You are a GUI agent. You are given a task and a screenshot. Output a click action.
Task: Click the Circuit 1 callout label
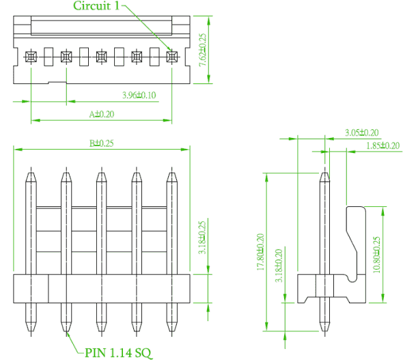click(96, 5)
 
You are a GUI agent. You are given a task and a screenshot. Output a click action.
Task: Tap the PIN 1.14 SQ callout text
click(118, 352)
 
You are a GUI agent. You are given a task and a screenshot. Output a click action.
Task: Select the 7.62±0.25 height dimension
click(203, 50)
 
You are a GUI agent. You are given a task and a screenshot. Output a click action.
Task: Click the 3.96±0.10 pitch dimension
click(139, 96)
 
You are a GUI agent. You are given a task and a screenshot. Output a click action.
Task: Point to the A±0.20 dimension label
click(102, 114)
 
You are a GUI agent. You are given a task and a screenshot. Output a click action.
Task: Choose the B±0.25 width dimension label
click(101, 143)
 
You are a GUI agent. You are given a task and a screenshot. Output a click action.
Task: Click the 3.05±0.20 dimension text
click(361, 133)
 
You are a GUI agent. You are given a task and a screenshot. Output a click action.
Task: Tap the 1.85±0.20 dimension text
click(383, 146)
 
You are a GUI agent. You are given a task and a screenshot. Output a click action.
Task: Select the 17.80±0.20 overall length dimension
click(261, 252)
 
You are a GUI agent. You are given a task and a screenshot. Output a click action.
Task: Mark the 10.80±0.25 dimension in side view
click(376, 255)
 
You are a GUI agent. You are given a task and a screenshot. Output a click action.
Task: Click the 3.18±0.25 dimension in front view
click(202, 238)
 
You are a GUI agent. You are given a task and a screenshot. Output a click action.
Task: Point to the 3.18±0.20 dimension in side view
click(279, 266)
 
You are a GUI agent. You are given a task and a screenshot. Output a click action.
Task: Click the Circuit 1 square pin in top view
click(171, 57)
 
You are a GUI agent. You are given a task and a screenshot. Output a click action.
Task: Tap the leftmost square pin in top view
click(31, 57)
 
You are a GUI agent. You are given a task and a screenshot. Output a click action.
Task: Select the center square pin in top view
click(102, 57)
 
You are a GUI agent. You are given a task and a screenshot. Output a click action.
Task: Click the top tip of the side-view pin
click(324, 173)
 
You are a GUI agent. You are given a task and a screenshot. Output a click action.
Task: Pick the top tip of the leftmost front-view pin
click(31, 173)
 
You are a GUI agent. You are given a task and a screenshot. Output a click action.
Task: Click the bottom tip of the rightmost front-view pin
click(171, 331)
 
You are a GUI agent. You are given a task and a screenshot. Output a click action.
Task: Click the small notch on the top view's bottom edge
click(57, 83)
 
